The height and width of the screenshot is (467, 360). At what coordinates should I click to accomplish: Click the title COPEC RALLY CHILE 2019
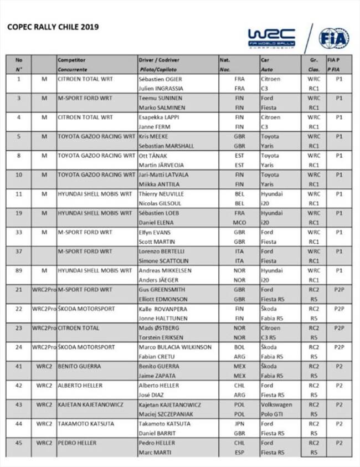point(53,27)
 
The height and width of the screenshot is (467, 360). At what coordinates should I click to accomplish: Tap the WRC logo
point(271,37)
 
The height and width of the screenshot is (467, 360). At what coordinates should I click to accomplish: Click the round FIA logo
point(333,38)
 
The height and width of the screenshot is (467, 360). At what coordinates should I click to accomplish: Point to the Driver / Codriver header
point(161,60)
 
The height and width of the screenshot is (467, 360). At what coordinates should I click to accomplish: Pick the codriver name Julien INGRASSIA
point(161,89)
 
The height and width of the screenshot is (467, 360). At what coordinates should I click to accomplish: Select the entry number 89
point(19,271)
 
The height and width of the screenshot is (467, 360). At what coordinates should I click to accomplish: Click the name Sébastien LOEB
point(159,213)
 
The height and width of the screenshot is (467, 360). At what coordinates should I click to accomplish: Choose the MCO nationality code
point(239,223)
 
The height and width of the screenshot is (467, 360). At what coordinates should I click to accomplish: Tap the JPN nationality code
point(239,424)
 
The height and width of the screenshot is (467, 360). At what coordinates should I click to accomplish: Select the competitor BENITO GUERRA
point(80,366)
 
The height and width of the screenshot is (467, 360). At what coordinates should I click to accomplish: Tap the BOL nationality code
point(239,347)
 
